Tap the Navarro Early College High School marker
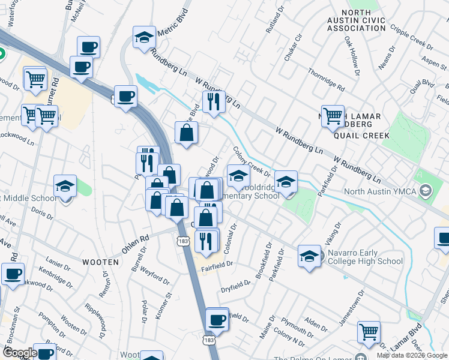point(309,256)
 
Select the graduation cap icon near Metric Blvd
point(144,37)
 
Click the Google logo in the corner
point(19,353)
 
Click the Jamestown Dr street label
point(351,310)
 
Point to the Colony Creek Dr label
point(252,163)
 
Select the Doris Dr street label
point(41,214)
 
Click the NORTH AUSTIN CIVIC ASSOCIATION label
point(365,20)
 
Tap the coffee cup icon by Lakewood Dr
point(13,274)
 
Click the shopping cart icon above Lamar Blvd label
point(368,332)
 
